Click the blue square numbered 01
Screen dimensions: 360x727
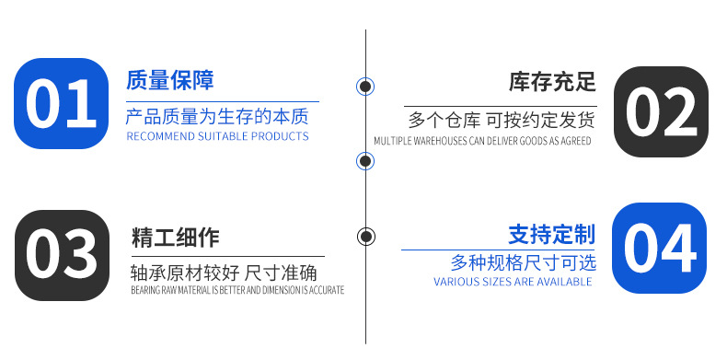[61, 103]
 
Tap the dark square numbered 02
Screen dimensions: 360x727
[662, 111]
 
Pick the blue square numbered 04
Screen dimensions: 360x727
[660, 249]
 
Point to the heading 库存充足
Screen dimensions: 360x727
[552, 81]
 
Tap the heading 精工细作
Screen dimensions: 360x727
[176, 238]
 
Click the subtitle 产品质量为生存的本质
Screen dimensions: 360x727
[217, 117]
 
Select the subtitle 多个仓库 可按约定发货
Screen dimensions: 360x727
[501, 120]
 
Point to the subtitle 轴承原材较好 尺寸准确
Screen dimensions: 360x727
[225, 273]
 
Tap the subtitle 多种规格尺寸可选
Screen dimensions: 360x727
[523, 261]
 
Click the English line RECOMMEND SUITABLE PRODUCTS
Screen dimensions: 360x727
[217, 136]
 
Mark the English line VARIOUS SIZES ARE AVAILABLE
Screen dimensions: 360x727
[513, 282]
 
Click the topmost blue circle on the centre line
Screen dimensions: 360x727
[365, 87]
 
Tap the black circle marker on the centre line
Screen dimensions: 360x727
[366, 236]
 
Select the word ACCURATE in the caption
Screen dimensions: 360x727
[327, 290]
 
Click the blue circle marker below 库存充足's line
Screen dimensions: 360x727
[365, 161]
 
